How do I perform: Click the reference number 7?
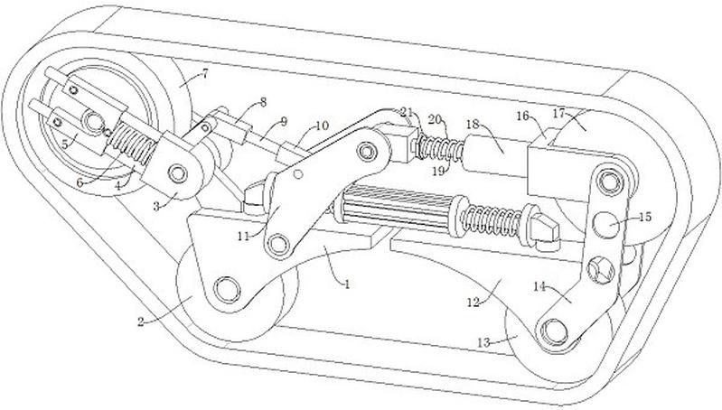204,73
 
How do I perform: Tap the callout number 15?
645,217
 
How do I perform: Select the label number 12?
473,302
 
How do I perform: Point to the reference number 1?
347,284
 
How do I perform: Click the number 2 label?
140,321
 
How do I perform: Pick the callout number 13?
483,342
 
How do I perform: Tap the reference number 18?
473,125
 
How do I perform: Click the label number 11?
243,237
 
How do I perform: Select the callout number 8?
263,102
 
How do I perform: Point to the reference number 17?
558,112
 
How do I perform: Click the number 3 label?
156,207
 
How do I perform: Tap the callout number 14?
539,286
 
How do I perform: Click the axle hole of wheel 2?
227,290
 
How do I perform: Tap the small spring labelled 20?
439,148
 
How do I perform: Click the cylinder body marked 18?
496,155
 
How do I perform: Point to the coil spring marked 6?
132,144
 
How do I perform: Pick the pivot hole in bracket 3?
177,174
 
